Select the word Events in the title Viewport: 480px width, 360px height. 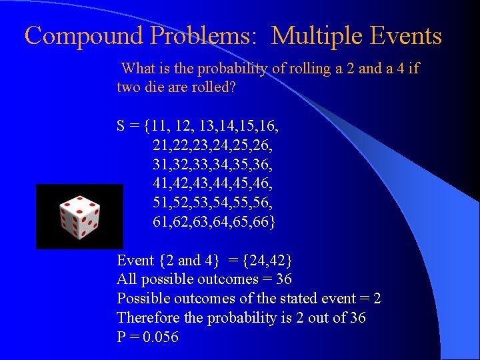pyautogui.click(x=407, y=35)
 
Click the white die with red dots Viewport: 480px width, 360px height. pyautogui.click(x=79, y=216)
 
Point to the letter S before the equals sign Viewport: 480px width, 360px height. pyautogui.click(x=121, y=125)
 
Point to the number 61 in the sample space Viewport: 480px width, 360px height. pyautogui.click(x=161, y=221)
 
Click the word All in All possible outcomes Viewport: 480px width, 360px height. pyautogui.click(x=126, y=279)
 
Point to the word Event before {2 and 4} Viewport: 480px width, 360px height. pyautogui.click(x=135, y=260)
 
